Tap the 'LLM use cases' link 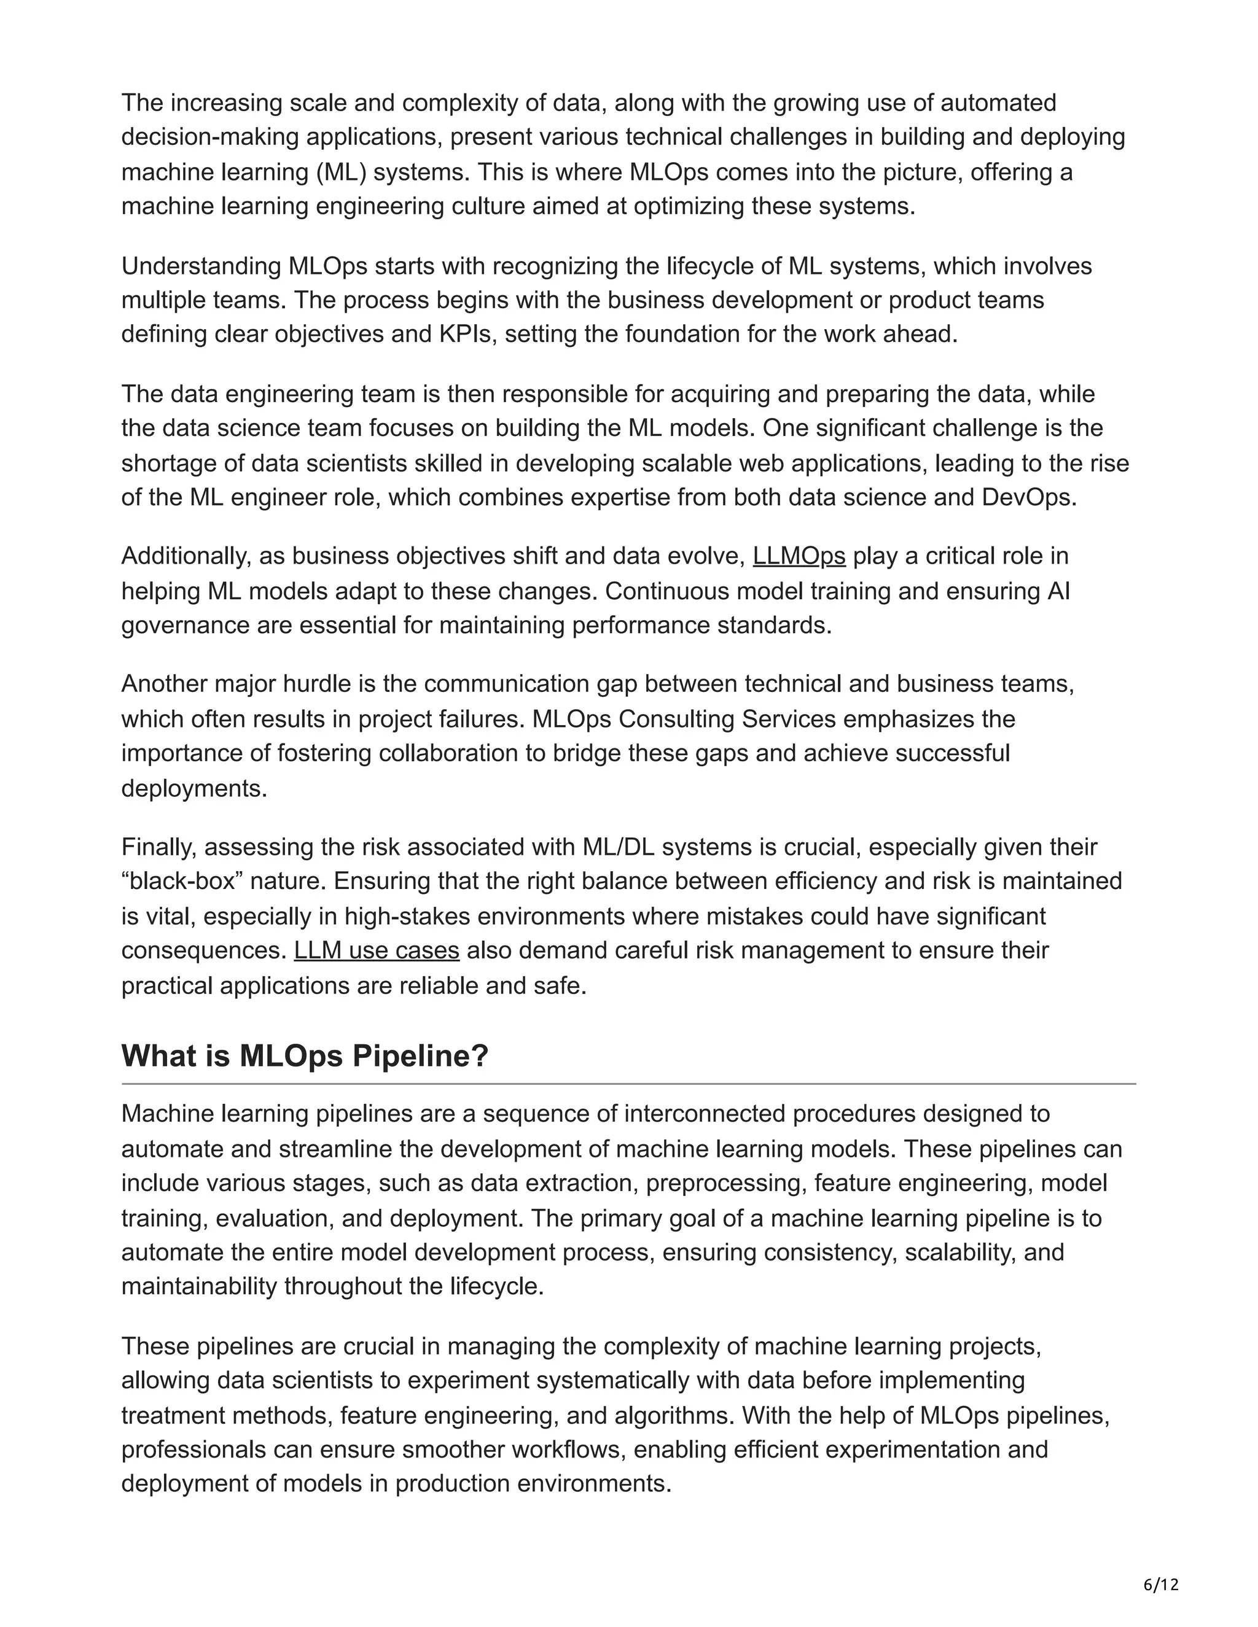[x=377, y=950]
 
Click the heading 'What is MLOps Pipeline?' [x=305, y=1055]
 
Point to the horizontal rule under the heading [x=628, y=1084]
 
